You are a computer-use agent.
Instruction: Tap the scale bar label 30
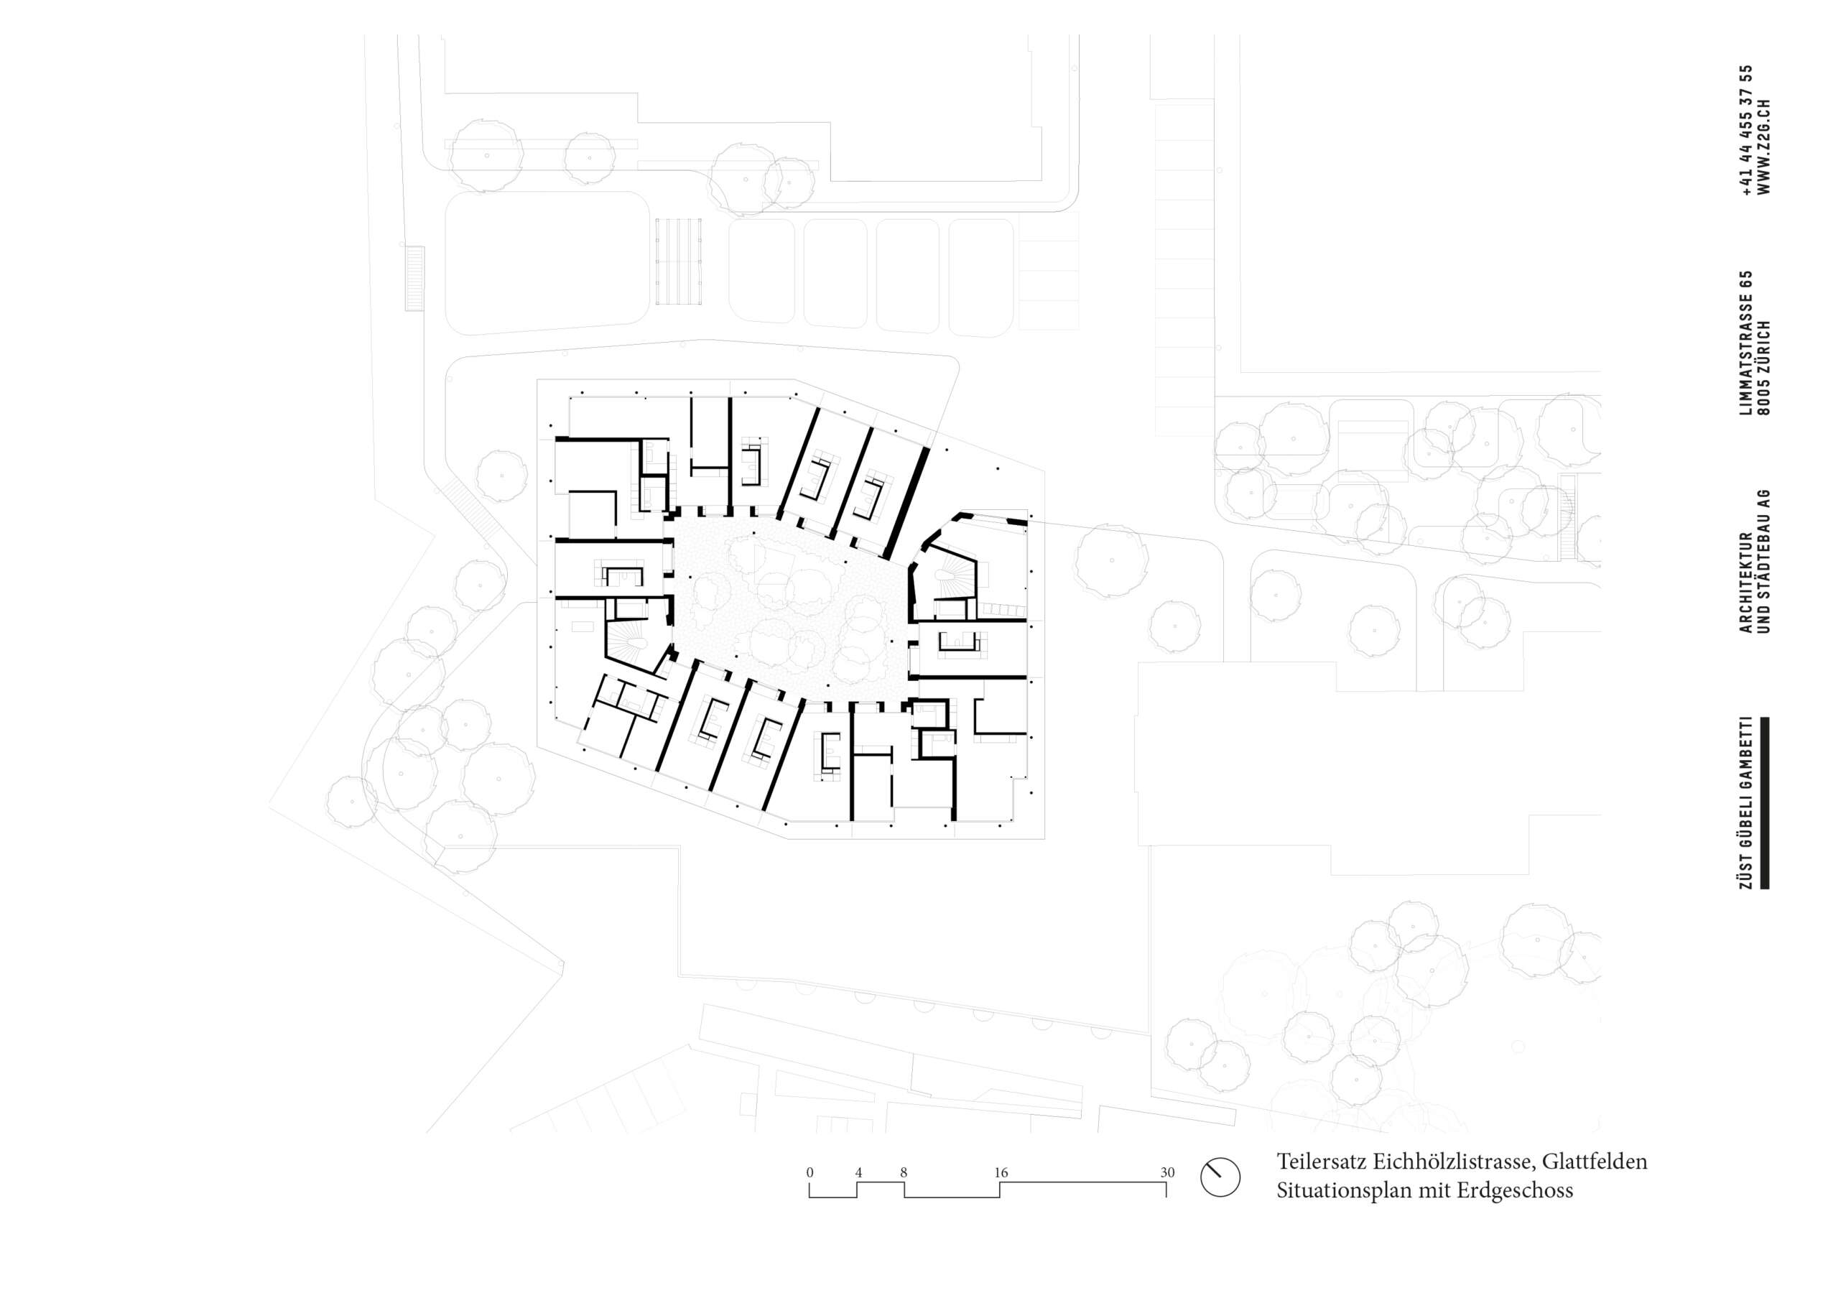coord(1167,1172)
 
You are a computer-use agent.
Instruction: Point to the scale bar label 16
coord(1001,1172)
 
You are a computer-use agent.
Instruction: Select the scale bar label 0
coord(809,1172)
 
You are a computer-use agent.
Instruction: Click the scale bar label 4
coord(858,1172)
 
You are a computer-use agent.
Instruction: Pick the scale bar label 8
coord(904,1172)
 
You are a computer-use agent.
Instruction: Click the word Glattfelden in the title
coord(1595,1162)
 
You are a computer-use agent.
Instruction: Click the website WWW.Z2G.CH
coord(1763,147)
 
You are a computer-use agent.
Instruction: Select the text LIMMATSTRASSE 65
coord(1747,343)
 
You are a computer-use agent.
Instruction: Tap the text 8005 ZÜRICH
coord(1763,368)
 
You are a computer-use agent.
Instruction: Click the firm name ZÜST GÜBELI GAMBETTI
coord(1747,802)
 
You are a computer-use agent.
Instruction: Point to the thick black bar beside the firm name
coord(1764,802)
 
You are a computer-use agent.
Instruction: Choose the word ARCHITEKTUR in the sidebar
coord(1747,582)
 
